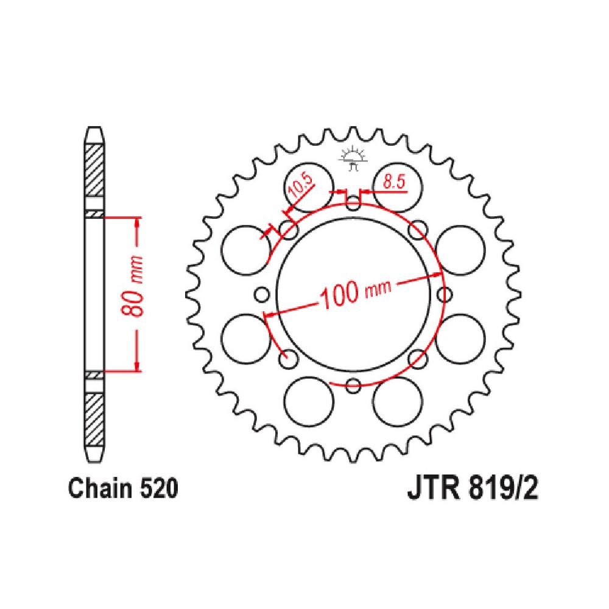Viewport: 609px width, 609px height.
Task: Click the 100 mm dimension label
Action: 355,293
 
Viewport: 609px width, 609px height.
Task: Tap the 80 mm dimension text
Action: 132,287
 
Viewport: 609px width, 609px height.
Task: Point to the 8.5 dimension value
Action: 393,181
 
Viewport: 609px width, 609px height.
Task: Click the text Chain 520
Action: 123,488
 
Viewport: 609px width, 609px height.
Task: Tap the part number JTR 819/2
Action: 473,488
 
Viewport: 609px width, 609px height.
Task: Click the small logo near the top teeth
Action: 353,158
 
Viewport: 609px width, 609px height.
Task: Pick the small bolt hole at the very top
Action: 353,204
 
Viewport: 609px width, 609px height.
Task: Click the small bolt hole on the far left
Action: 262,295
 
